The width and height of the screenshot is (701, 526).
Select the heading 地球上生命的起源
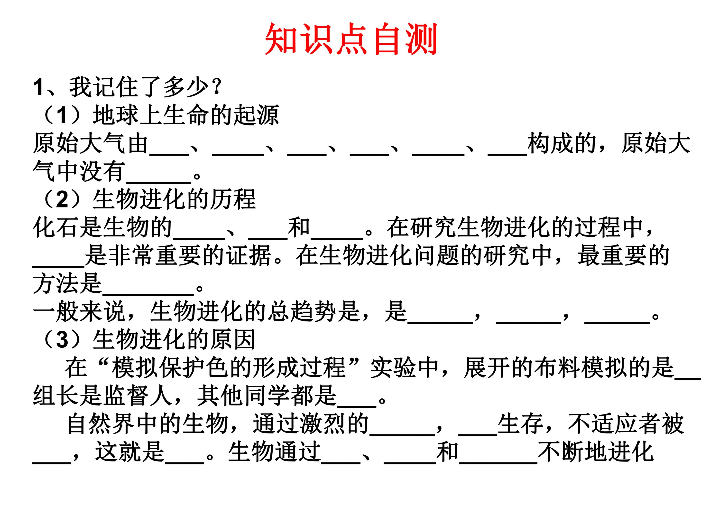[186, 115]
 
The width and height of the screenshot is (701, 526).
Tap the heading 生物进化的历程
[174, 199]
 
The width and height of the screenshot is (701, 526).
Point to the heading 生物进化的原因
[174, 339]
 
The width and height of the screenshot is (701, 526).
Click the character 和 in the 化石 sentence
[299, 228]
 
